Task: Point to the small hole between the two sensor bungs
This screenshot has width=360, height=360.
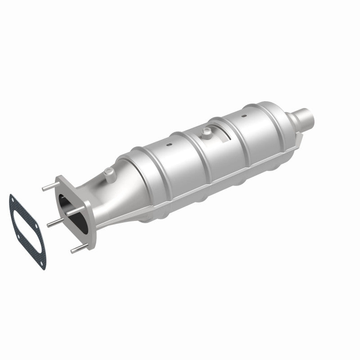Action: tap(169, 145)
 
